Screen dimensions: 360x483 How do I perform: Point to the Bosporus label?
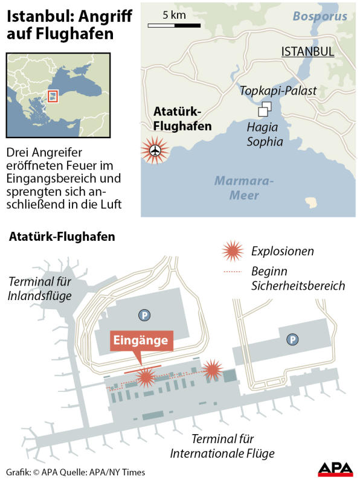[320, 16]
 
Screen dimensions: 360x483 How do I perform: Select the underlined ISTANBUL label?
[307, 52]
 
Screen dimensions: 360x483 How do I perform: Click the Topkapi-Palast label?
[278, 91]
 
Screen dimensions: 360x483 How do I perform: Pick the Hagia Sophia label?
[265, 135]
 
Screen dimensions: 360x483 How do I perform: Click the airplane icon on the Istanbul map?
[156, 150]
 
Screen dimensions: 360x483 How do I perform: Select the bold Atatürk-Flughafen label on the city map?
[182, 119]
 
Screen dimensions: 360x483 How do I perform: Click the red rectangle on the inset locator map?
[53, 96]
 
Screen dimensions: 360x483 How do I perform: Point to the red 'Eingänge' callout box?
[141, 340]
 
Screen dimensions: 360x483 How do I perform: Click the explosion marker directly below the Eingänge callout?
[145, 377]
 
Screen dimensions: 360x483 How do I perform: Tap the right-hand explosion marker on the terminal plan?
[212, 369]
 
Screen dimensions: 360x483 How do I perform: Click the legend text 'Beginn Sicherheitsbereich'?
[298, 278]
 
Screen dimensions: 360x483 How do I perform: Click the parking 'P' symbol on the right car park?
[292, 340]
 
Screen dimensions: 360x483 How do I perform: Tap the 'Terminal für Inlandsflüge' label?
[40, 289]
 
